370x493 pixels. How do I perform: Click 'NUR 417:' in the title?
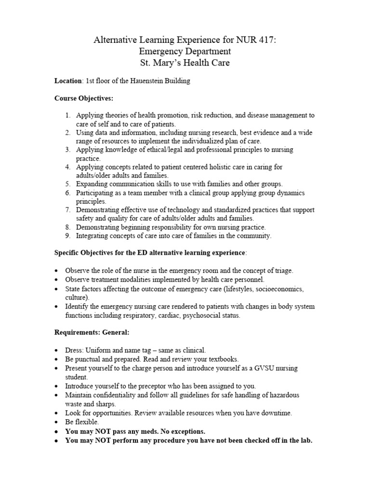click(x=258, y=40)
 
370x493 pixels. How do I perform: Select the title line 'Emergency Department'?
click(x=185, y=52)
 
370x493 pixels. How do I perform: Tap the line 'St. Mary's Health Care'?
click(x=185, y=63)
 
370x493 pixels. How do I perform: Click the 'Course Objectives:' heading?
click(x=84, y=98)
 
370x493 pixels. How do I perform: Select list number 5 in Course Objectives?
click(x=68, y=184)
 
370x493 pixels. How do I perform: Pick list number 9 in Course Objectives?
click(x=68, y=236)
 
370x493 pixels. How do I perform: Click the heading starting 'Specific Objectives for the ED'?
click(x=150, y=253)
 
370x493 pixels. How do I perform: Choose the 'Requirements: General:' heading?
click(x=92, y=333)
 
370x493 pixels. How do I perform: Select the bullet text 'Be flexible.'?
click(x=82, y=422)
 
